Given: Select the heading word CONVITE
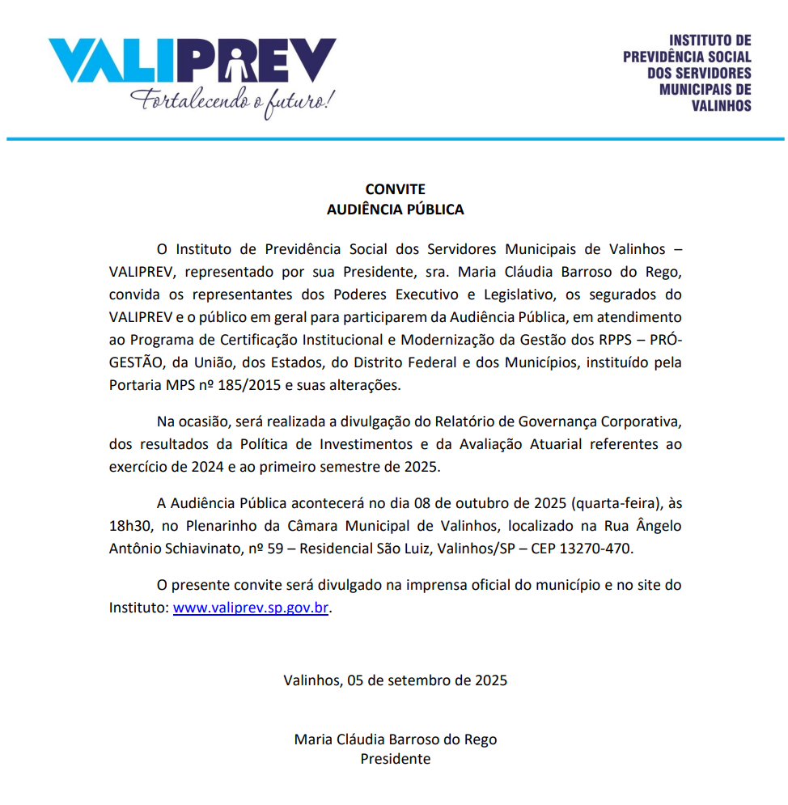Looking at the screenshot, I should click(x=395, y=190).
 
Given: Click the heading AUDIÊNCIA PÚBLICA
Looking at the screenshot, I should click(x=395, y=210).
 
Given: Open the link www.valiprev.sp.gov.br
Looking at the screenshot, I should click(x=251, y=608).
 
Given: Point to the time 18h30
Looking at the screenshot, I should click(x=129, y=526).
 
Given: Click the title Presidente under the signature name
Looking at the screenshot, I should click(x=395, y=759).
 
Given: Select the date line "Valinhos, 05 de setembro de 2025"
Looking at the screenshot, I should click(x=395, y=680).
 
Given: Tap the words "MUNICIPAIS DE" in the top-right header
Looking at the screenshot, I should click(x=705, y=90).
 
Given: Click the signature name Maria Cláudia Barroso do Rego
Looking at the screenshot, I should click(x=395, y=739).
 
